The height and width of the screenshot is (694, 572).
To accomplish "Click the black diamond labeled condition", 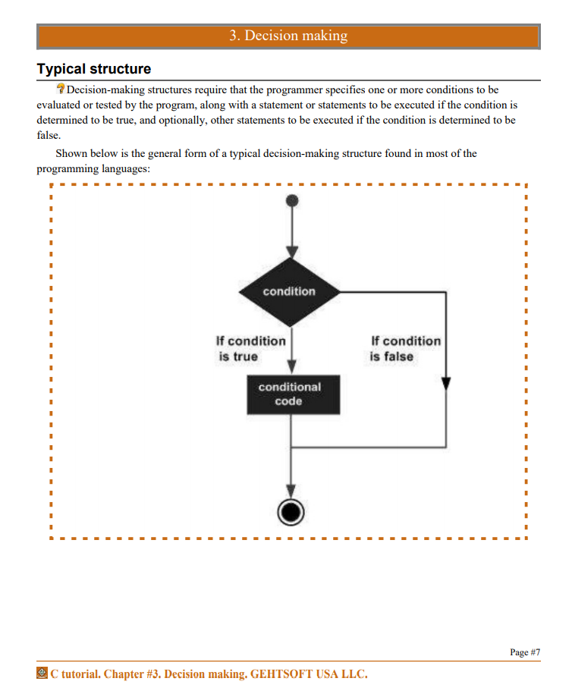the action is tap(290, 292).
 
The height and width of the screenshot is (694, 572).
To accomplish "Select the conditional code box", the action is tap(294, 395).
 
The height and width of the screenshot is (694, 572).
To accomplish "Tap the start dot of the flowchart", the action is tap(292, 201).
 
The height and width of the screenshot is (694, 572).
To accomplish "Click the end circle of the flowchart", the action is tap(291, 512).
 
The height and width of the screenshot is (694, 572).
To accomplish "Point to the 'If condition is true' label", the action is tap(250, 349).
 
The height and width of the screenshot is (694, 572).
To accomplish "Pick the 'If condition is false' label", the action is tap(405, 349).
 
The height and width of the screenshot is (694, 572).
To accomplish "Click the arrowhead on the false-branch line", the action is tap(446, 383).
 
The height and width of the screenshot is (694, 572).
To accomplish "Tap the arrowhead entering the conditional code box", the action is tap(292, 366).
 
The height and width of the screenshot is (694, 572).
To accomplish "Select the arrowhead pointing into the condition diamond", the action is tap(292, 252).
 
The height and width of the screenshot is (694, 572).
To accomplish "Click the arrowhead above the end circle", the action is tap(291, 491).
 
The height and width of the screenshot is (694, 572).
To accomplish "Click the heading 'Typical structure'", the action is tap(94, 69).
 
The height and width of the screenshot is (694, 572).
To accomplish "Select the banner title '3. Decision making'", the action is tap(288, 36).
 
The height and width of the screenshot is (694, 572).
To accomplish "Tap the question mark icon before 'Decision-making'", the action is tap(61, 89).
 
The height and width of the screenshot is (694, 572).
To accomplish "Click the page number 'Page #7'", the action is tap(525, 652).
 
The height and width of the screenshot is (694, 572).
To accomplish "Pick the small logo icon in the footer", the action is tap(42, 673).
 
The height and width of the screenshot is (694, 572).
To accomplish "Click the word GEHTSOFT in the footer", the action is tap(281, 674).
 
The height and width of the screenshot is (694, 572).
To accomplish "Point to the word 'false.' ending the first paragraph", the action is tap(49, 135).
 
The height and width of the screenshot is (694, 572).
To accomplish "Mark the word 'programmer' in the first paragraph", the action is tap(294, 89).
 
